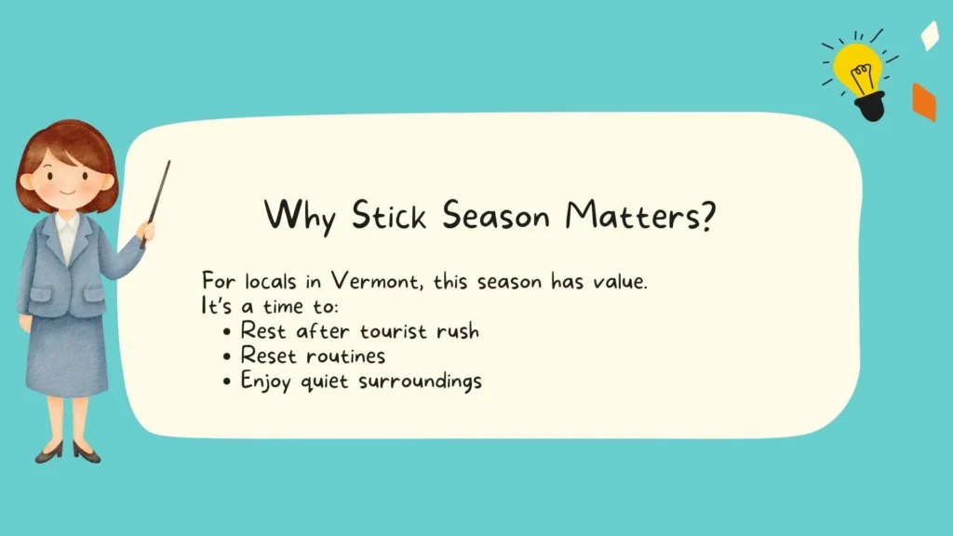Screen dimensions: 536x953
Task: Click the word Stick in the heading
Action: pyautogui.click(x=389, y=217)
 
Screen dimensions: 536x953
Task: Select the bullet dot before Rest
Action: pyautogui.click(x=228, y=331)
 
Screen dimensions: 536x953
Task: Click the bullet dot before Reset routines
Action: pyautogui.click(x=228, y=356)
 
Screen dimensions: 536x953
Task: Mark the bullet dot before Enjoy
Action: pyautogui.click(x=228, y=382)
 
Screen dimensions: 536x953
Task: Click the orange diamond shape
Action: pyautogui.click(x=923, y=102)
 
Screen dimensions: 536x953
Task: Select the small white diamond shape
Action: pyautogui.click(x=929, y=35)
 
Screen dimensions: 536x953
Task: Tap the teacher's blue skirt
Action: pyautogui.click(x=67, y=354)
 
